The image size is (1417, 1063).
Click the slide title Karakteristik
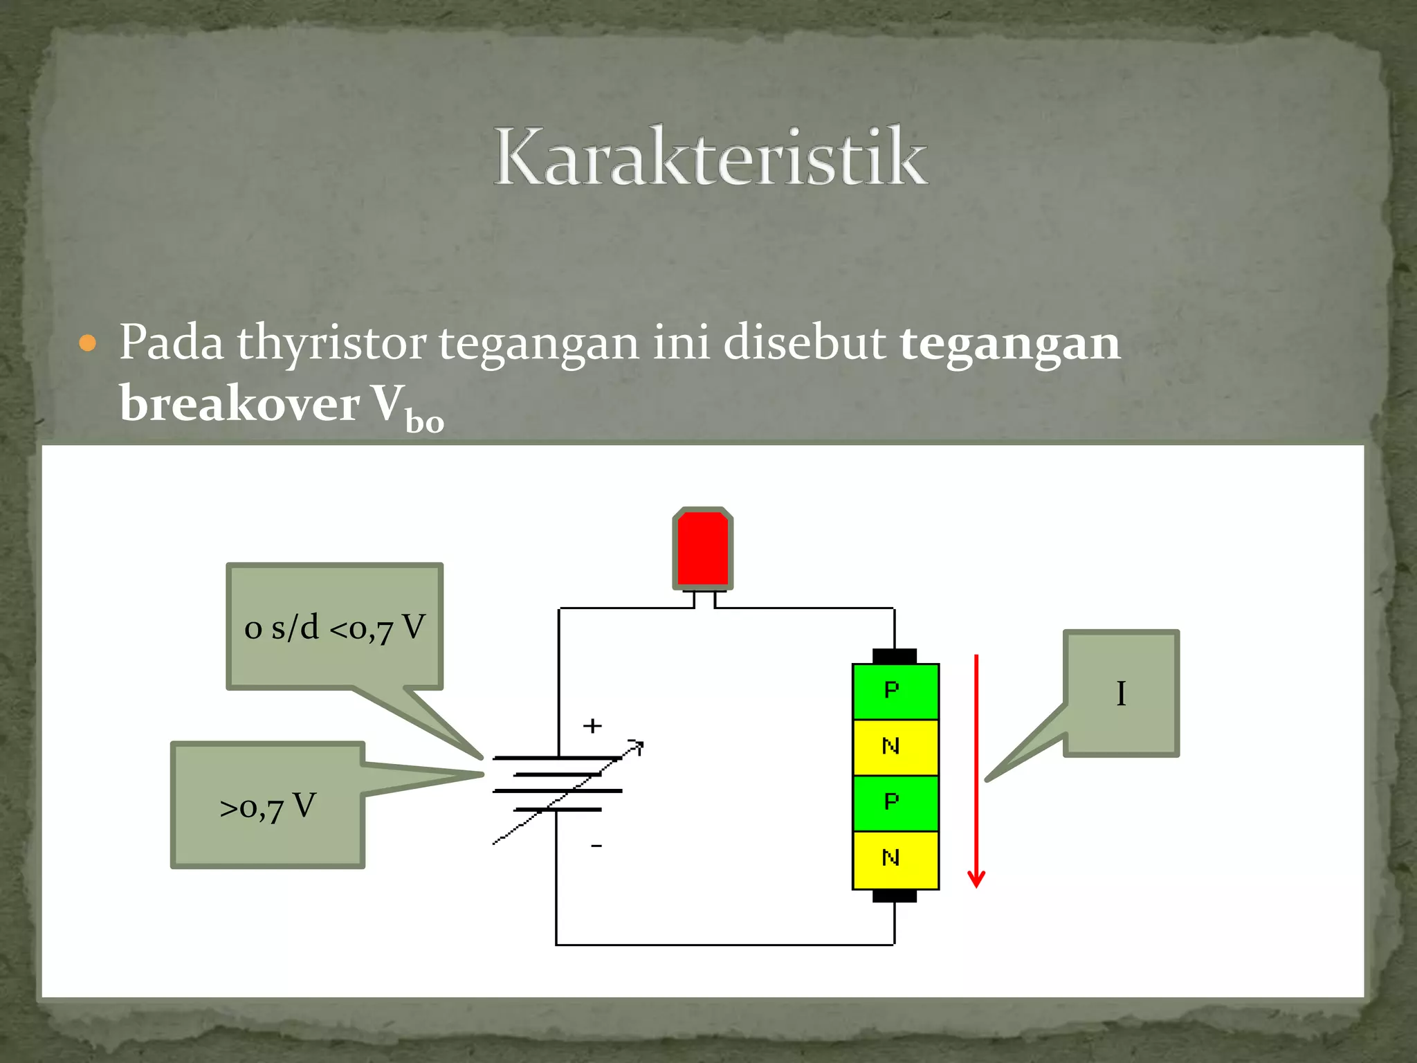[x=711, y=156]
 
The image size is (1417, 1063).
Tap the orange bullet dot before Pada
[x=88, y=343]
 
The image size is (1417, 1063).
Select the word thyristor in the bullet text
[x=331, y=343]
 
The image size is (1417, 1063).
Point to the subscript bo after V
[x=424, y=421]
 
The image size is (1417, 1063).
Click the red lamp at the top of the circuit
[x=702, y=548]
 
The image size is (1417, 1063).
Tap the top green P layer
[x=895, y=691]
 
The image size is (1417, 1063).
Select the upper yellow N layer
[x=895, y=747]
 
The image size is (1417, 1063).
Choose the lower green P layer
[x=895, y=803]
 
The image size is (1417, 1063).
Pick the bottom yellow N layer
[x=895, y=859]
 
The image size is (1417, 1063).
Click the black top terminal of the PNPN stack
[x=895, y=655]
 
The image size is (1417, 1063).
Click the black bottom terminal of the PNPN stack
[x=895, y=896]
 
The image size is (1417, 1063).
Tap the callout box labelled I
[x=1121, y=693]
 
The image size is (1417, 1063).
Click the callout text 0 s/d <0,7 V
[x=335, y=627]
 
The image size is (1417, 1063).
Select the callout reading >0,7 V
[x=268, y=806]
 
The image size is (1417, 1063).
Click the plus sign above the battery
[x=592, y=726]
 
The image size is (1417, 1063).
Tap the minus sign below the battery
[x=596, y=846]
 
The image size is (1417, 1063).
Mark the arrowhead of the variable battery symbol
[x=638, y=746]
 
